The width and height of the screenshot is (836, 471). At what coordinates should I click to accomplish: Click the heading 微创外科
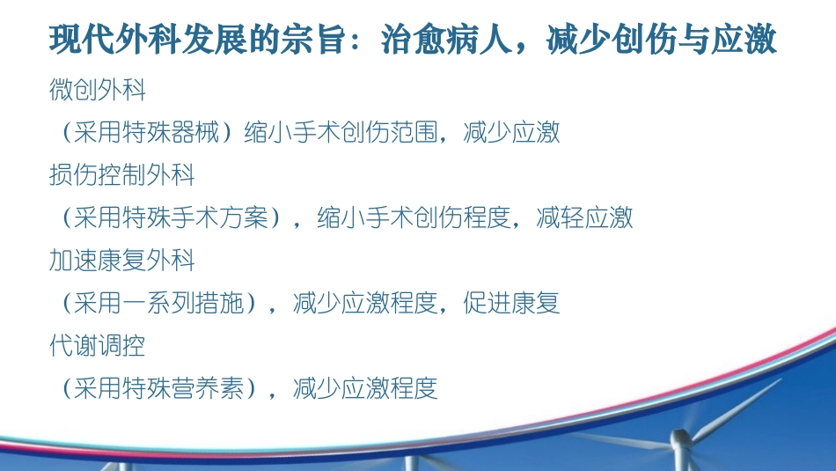tap(98, 90)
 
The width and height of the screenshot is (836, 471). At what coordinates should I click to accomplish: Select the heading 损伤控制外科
tap(122, 175)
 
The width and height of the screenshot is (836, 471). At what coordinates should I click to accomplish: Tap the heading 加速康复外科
tap(122, 261)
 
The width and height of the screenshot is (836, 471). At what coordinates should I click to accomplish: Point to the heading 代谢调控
tap(98, 346)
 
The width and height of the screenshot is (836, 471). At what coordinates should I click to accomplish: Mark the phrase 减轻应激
tap(584, 218)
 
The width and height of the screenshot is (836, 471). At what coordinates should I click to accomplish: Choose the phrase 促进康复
tap(511, 304)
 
